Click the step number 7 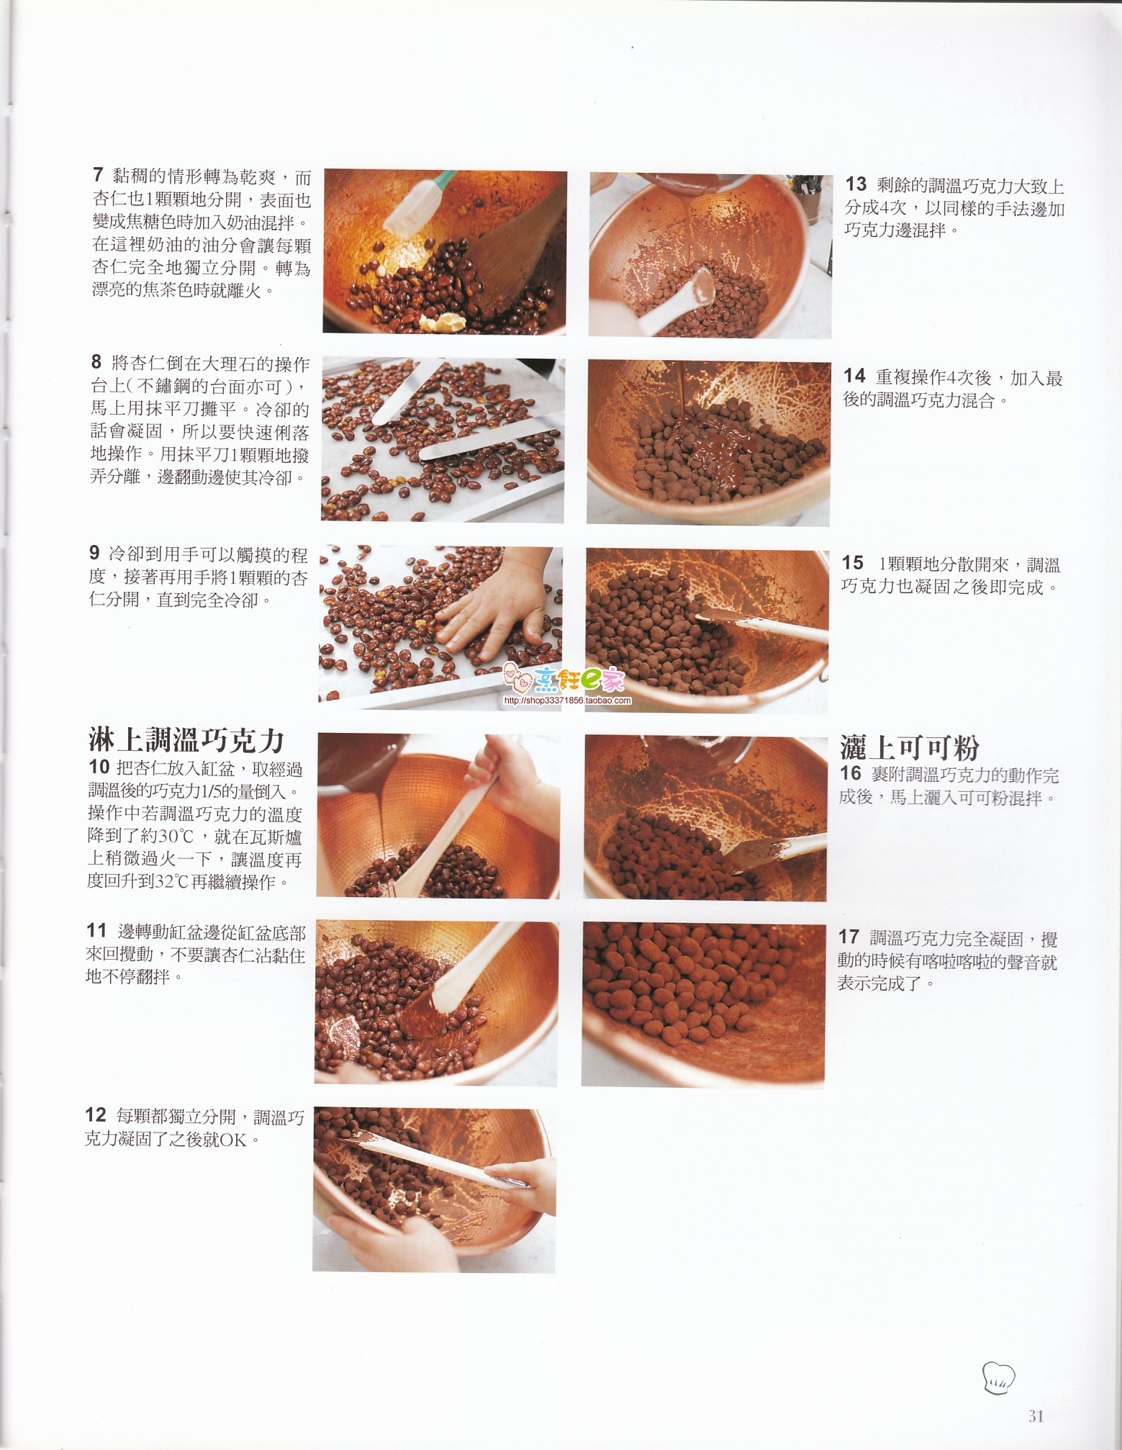(x=98, y=174)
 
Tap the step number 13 (x=856, y=184)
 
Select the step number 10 (x=99, y=767)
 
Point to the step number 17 (x=849, y=937)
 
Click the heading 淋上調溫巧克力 (x=186, y=739)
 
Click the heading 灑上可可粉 (x=910, y=748)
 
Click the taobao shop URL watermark (x=567, y=701)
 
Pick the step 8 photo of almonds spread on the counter (x=443, y=440)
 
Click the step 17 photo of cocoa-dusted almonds (x=703, y=1004)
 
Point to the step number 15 (x=853, y=562)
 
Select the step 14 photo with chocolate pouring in (x=708, y=443)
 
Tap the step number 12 (x=96, y=1115)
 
